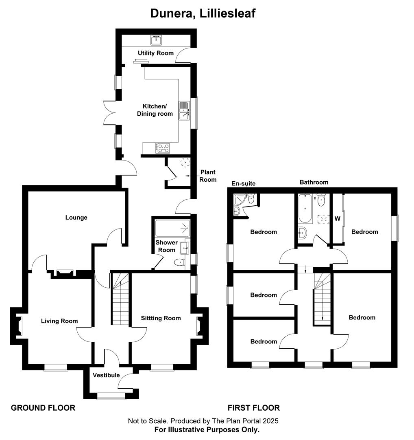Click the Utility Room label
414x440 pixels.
click(x=155, y=53)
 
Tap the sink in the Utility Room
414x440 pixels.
click(x=156, y=40)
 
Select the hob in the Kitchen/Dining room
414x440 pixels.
click(x=163, y=148)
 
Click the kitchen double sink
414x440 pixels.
click(x=184, y=110)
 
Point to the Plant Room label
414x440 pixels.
click(x=208, y=176)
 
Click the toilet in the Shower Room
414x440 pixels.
click(x=179, y=263)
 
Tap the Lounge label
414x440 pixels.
click(x=76, y=218)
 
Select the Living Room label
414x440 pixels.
click(x=59, y=321)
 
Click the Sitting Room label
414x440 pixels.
click(x=161, y=318)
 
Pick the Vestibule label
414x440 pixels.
click(x=106, y=375)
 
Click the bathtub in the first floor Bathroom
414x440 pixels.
click(x=305, y=209)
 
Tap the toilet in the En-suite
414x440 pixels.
click(x=251, y=198)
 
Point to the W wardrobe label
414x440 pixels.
click(x=338, y=218)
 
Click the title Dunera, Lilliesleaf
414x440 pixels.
click(x=203, y=13)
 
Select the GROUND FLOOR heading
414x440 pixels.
click(x=43, y=408)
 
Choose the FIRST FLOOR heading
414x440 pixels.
click(x=254, y=408)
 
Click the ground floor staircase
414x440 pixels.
click(x=121, y=299)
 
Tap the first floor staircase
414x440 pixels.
click(x=322, y=299)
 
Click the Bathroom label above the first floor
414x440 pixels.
click(x=314, y=183)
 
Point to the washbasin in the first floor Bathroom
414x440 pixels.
click(x=302, y=232)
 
